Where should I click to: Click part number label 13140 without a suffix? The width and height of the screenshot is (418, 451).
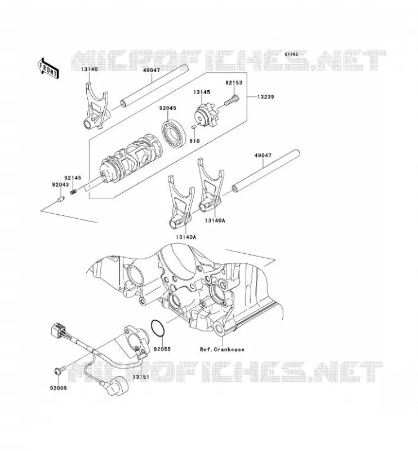[89, 69]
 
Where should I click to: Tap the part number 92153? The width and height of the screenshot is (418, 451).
[234, 82]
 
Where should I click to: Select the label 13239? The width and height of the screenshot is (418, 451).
[265, 97]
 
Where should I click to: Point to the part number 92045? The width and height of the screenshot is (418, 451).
[168, 108]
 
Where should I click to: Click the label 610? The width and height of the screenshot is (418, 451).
[194, 141]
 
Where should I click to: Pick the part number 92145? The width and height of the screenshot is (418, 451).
[73, 178]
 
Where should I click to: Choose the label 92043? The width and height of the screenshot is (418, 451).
[60, 185]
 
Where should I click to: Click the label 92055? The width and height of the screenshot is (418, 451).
[162, 349]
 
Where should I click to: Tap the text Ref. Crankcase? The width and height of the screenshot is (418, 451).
[222, 350]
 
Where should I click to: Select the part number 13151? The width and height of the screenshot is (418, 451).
[141, 377]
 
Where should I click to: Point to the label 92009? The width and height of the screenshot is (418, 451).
[59, 388]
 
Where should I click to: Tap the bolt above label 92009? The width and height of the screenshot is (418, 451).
[60, 370]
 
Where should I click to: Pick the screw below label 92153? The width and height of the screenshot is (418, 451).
[232, 100]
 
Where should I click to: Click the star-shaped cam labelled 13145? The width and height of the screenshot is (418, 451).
[206, 117]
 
